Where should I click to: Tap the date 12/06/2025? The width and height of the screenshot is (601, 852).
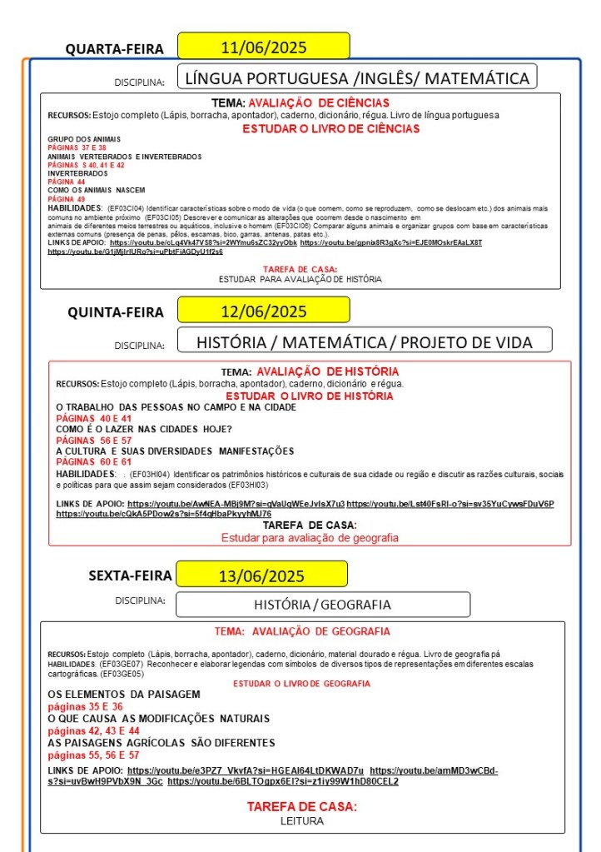coord(263,311)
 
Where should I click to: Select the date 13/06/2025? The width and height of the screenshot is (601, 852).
coord(262,575)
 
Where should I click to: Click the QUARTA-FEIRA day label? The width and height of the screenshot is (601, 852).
coord(115,49)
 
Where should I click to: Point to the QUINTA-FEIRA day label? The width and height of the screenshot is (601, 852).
coord(116,312)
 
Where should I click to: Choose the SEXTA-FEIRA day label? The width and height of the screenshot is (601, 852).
coord(131,575)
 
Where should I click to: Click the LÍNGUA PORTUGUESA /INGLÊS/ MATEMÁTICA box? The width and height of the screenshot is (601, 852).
coord(357,78)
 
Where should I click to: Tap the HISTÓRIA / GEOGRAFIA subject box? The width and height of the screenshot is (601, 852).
coord(322,605)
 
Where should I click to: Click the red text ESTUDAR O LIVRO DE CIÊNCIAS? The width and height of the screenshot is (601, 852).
coord(330,129)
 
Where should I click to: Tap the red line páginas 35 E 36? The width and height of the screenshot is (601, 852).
coord(86,706)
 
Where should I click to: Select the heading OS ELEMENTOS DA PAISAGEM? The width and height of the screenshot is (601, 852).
coord(124,694)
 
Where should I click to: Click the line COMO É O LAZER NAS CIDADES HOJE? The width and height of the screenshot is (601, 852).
coord(144,429)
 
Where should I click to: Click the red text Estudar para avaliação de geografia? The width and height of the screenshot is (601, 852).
coord(310,538)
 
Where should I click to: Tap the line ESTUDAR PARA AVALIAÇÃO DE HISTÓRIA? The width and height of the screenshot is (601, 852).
coord(300,279)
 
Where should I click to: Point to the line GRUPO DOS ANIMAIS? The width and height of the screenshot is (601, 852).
coord(84,138)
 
